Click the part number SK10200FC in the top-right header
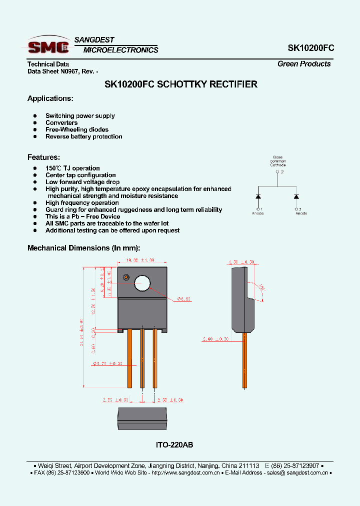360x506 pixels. (311, 48)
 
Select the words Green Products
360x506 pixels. (304, 64)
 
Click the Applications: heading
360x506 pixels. (50, 98)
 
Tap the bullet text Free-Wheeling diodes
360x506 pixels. (77, 129)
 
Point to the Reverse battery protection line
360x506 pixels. (83, 136)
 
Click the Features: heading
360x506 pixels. (43, 157)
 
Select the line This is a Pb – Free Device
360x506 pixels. (82, 216)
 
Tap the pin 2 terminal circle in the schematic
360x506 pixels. (277, 171)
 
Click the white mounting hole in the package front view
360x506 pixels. (142, 283)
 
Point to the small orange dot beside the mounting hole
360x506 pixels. (126, 277)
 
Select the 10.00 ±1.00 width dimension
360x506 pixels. (140, 260)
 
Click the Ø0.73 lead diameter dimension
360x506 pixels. (107, 363)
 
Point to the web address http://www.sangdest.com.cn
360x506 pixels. (180, 472)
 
